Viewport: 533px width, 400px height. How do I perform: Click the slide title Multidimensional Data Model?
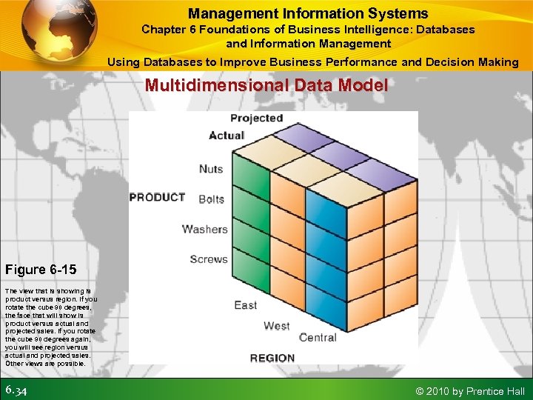pos(266,86)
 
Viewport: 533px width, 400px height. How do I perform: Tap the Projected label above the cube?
pos(256,119)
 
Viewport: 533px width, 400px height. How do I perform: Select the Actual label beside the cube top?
pos(227,136)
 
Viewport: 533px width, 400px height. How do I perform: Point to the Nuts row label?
pos(211,169)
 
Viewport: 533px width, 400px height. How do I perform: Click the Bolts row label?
pos(211,199)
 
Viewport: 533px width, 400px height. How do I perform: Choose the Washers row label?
pos(205,229)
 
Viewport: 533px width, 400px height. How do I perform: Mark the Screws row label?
pos(209,259)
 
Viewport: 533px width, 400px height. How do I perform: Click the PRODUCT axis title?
pos(157,198)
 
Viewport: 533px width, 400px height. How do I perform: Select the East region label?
pos(246,305)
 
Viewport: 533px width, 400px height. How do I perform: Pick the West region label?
pos(277,326)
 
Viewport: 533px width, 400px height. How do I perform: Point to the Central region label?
pos(318,338)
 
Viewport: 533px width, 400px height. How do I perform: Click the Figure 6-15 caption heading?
pos(41,269)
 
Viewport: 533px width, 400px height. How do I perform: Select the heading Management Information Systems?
pos(308,13)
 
